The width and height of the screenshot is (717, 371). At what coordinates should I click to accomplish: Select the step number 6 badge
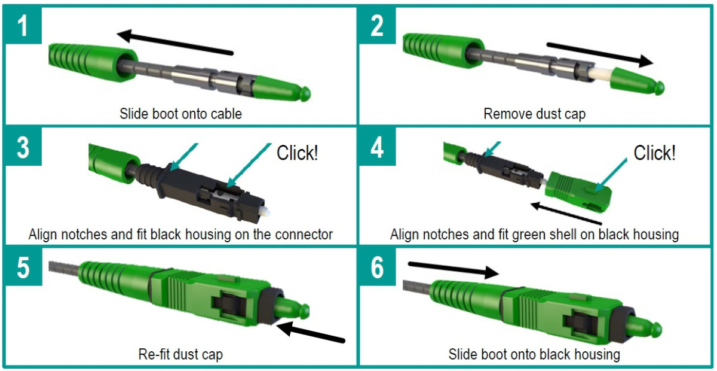[377, 267]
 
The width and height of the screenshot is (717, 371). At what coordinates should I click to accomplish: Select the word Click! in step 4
[654, 153]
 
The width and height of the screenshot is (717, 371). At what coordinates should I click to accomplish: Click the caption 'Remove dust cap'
[534, 113]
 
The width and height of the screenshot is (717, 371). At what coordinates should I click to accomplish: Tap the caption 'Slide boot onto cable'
[180, 113]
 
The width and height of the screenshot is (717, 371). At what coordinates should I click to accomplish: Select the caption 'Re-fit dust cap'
[180, 354]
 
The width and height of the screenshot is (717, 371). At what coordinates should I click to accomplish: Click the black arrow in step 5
[311, 333]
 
